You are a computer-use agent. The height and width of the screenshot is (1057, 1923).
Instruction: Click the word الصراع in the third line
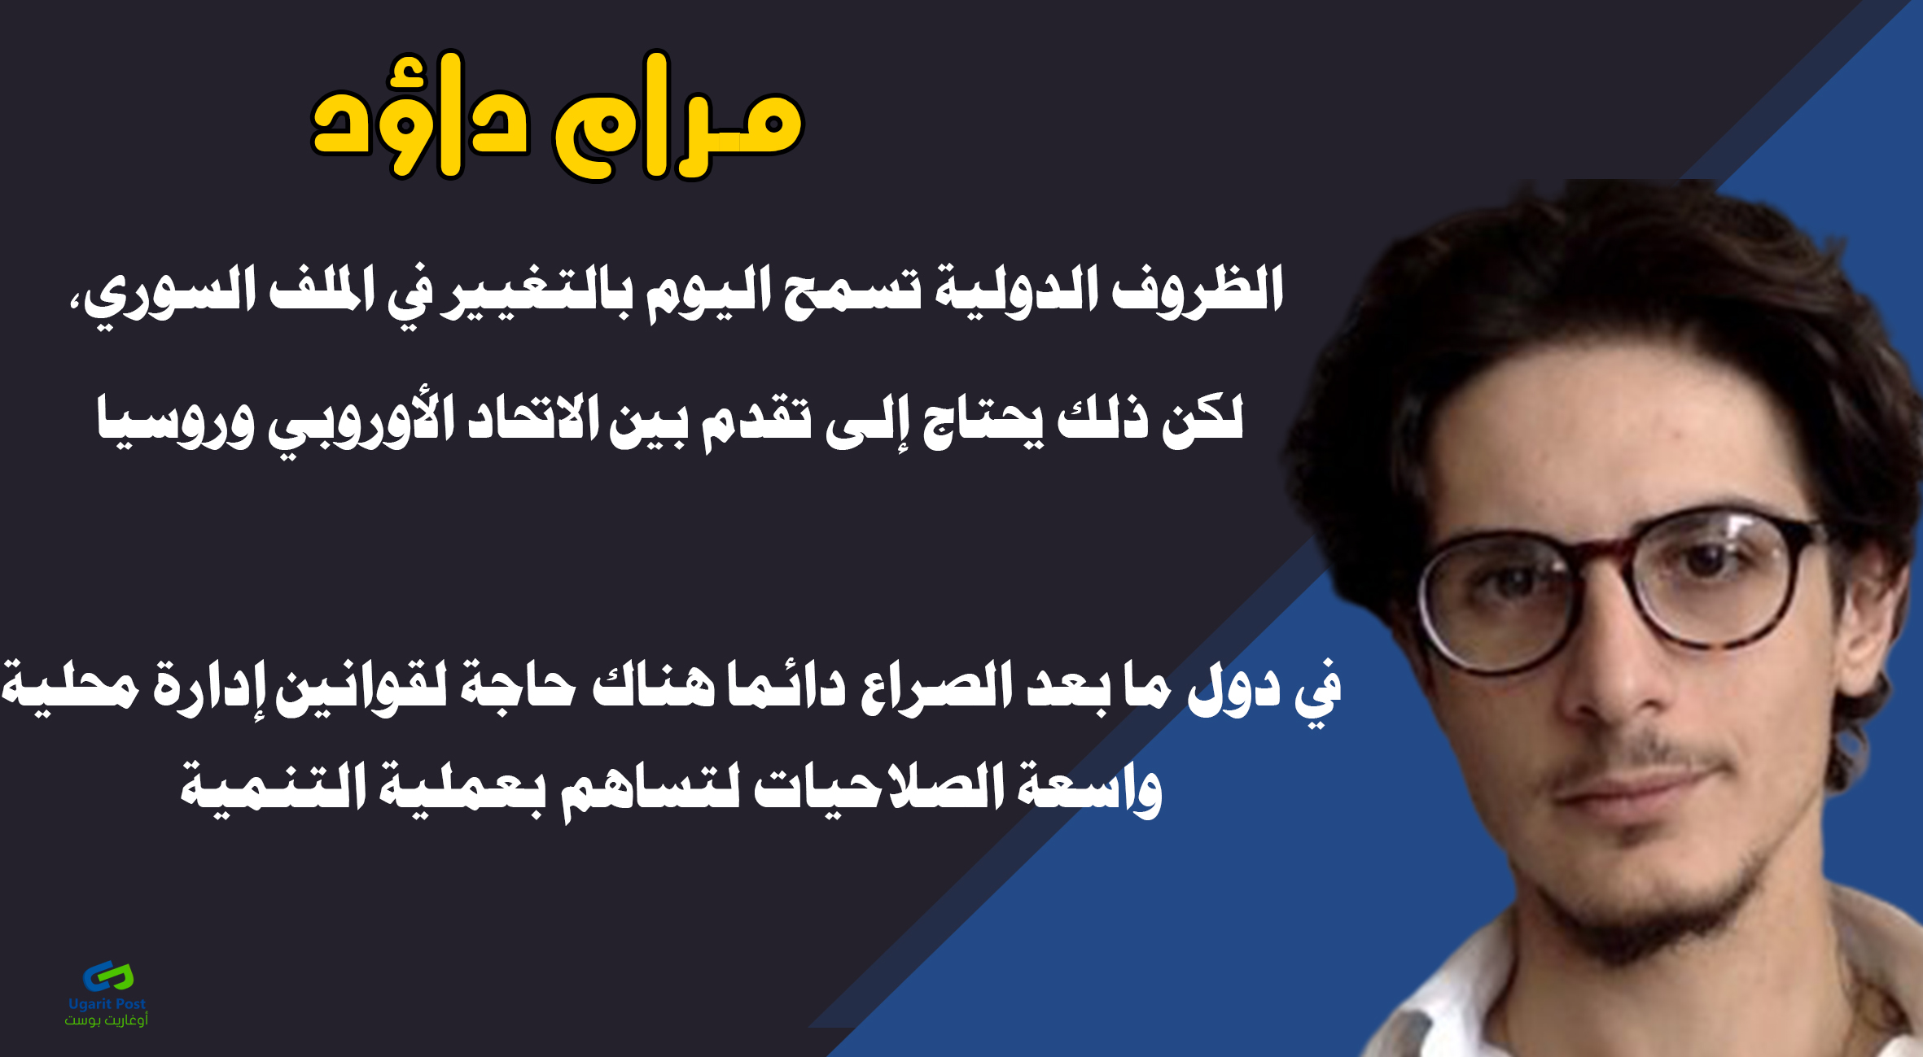(937, 690)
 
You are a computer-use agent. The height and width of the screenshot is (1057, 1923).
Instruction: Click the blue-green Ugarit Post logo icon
(107, 976)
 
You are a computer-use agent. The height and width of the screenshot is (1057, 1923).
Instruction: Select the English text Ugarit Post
(107, 1004)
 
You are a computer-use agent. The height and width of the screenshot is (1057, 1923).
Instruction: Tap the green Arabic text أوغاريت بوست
(107, 1020)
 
